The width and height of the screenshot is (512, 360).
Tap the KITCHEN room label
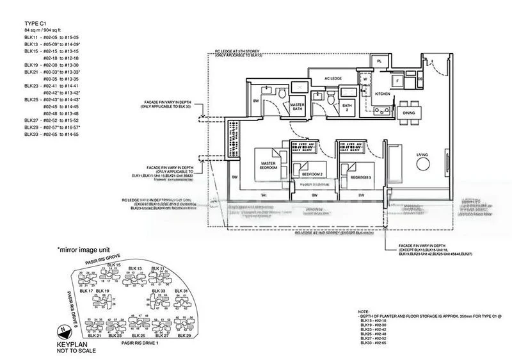pos(383,93)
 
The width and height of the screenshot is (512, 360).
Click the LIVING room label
pos(422,155)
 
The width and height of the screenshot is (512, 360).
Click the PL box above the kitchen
pos(380,61)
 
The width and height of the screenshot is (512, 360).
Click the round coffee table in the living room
pos(422,165)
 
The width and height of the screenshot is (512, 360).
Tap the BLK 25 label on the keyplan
pos(139,335)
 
